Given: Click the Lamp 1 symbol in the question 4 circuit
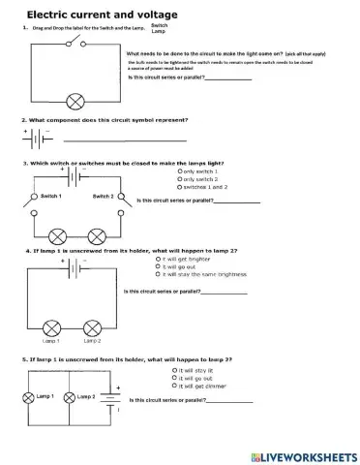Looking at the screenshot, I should pyautogui.click(x=50, y=326).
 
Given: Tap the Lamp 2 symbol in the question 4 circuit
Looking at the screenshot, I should pyautogui.click(x=93, y=326).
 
